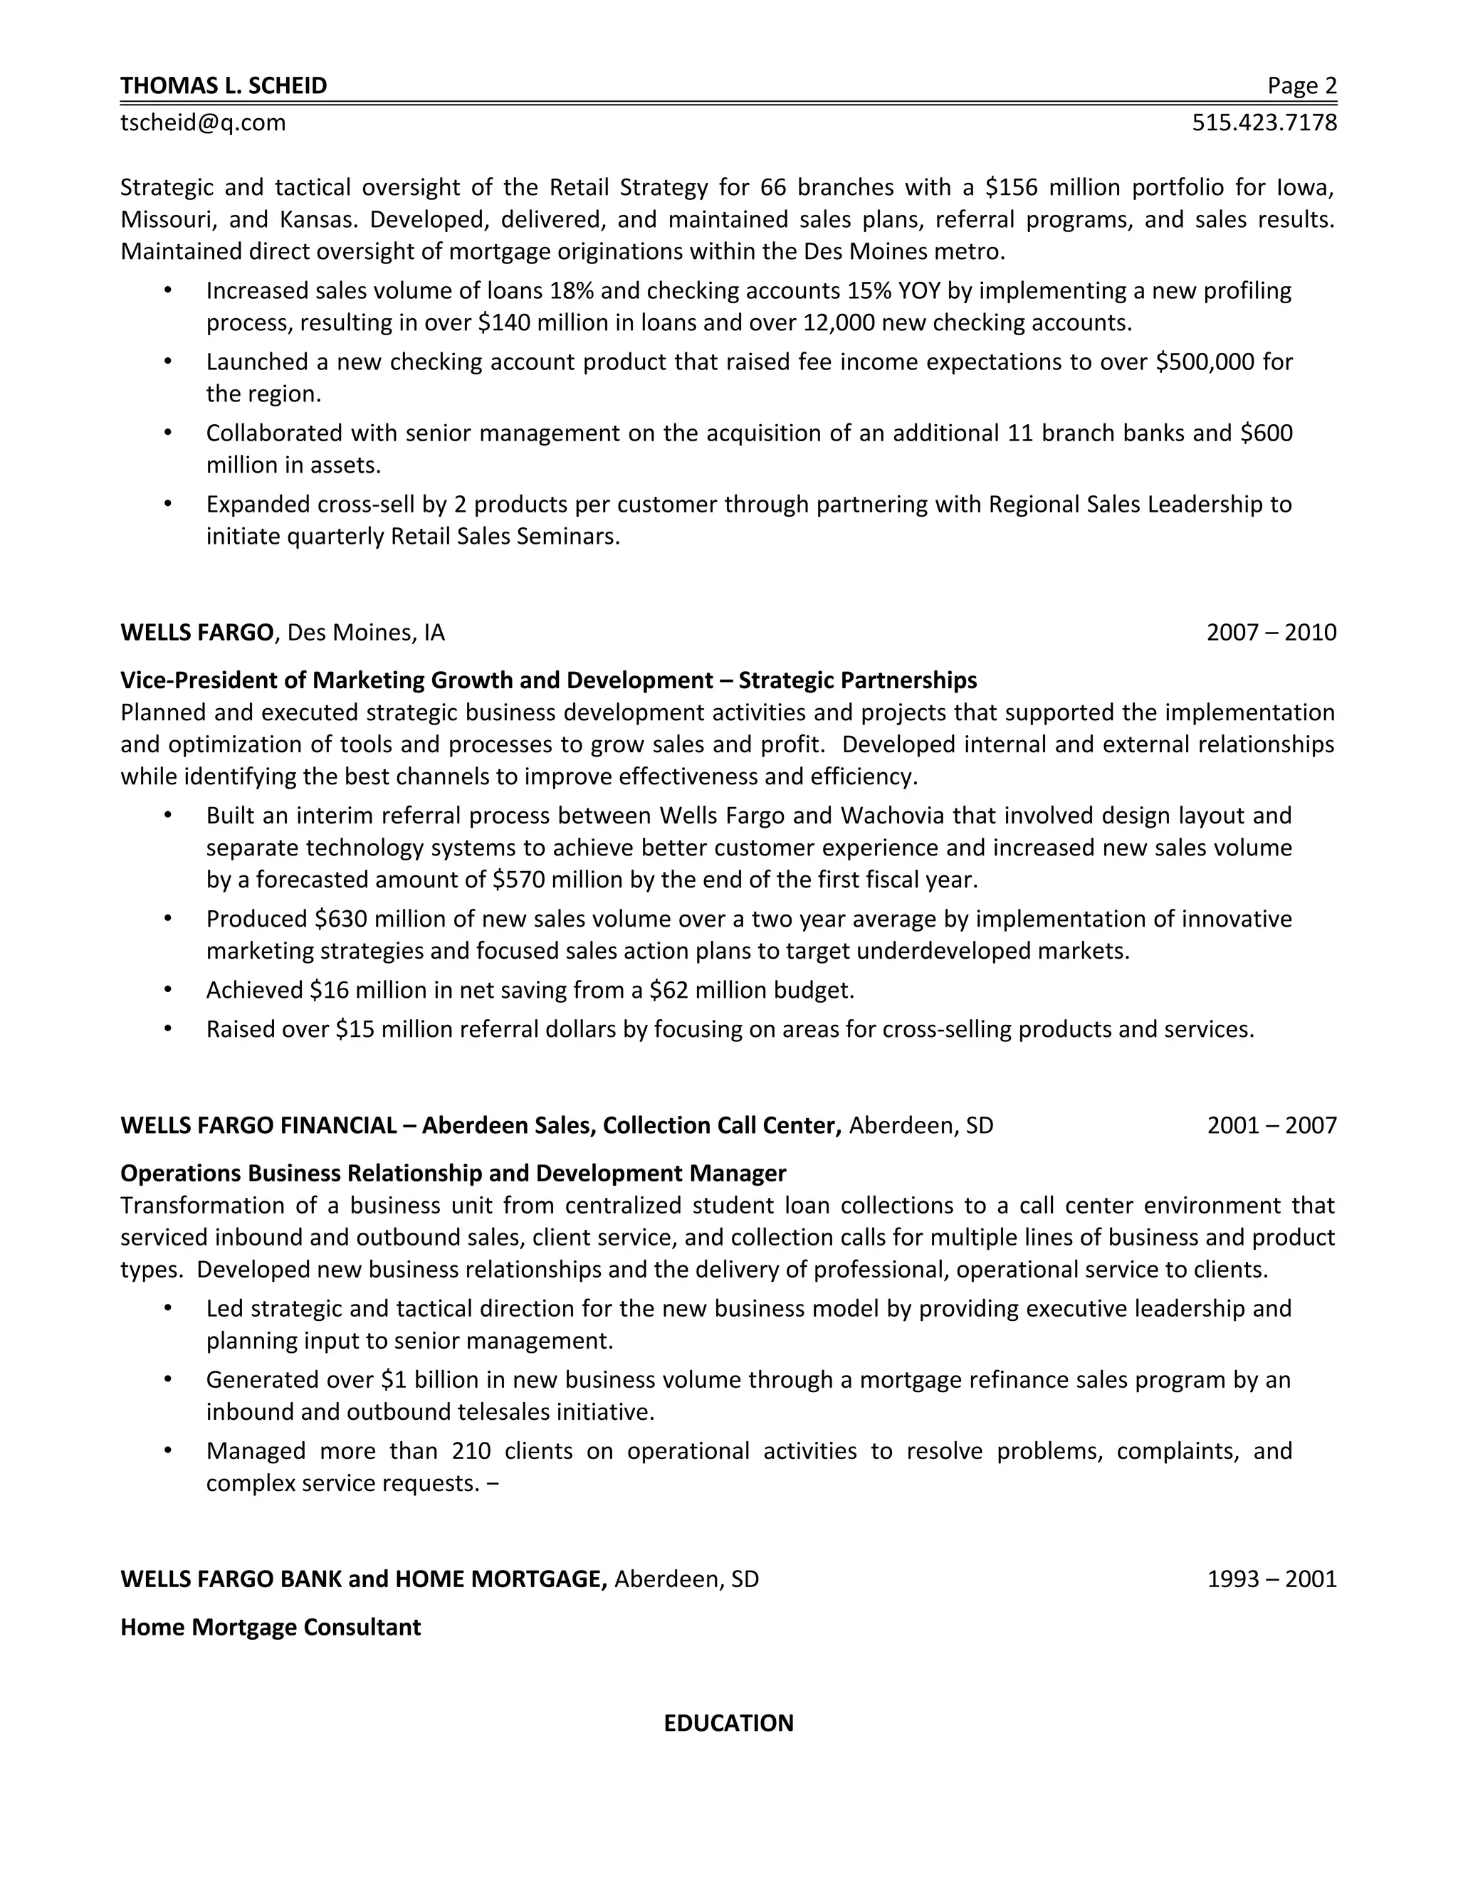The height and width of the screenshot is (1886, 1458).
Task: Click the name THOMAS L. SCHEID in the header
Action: [x=224, y=85]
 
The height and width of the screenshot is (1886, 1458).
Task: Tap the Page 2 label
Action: [x=1301, y=85]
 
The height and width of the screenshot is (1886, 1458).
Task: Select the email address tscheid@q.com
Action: [x=203, y=122]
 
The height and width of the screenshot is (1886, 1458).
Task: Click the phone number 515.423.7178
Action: [x=1264, y=122]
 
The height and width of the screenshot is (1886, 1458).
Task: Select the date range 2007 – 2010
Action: [x=1271, y=633]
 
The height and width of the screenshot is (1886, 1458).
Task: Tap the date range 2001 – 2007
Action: [x=1271, y=1125]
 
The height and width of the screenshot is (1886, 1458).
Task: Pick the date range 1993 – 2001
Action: [x=1271, y=1579]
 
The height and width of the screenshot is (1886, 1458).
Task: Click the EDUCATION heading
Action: [x=728, y=1723]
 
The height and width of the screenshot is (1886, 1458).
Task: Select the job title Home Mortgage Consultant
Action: [x=271, y=1627]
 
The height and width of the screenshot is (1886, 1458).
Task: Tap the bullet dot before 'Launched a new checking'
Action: [x=167, y=362]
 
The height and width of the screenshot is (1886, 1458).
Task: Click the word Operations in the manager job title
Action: [x=181, y=1173]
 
